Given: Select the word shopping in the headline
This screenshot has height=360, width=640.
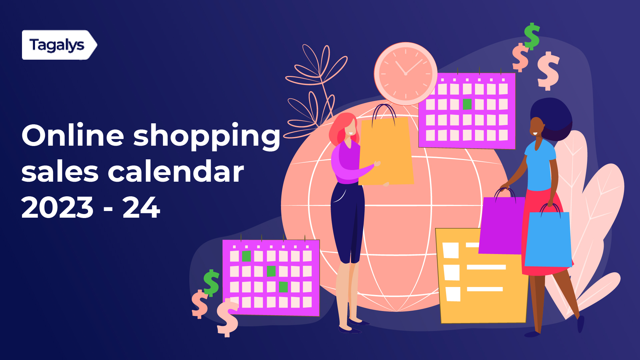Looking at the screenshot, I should pyautogui.click(x=207, y=137).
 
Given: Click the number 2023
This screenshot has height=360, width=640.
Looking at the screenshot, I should pyautogui.click(x=57, y=208).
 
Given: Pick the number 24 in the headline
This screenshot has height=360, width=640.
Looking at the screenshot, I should pyautogui.click(x=141, y=208).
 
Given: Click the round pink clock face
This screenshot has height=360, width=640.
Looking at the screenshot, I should pyautogui.click(x=405, y=74).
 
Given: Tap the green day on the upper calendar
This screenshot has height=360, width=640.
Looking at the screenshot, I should pyautogui.click(x=467, y=104).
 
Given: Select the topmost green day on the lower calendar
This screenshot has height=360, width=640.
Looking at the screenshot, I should pyautogui.click(x=246, y=256).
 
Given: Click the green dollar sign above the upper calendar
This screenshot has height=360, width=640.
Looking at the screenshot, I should pyautogui.click(x=532, y=36).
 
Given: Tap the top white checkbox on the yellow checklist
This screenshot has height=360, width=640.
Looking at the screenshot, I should pyautogui.click(x=451, y=250).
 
